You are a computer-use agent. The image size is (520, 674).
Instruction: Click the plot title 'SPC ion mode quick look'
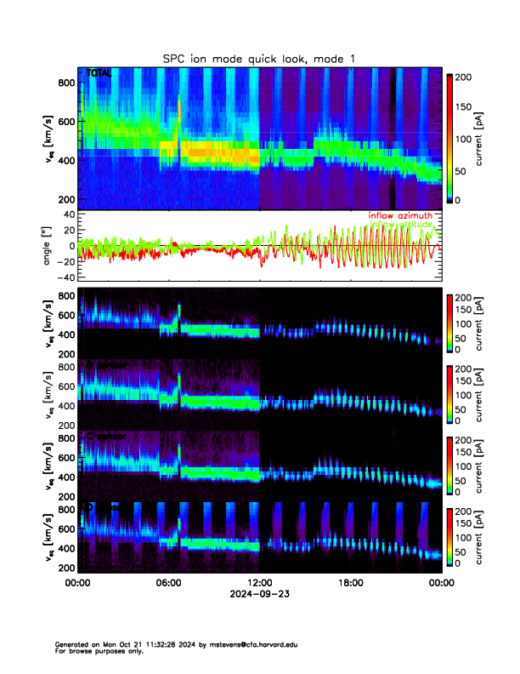point(259,58)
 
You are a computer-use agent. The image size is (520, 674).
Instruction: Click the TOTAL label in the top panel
point(99,74)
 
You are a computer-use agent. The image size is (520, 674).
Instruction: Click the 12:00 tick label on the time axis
point(259,583)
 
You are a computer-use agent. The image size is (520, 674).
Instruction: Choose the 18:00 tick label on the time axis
point(350,583)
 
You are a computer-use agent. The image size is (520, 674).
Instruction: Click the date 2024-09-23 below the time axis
point(259,594)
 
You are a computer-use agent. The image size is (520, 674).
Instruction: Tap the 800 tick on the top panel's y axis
point(66,82)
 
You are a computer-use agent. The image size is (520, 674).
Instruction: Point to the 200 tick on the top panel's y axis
point(66,199)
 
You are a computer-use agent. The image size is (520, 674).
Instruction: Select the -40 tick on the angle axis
point(66,277)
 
